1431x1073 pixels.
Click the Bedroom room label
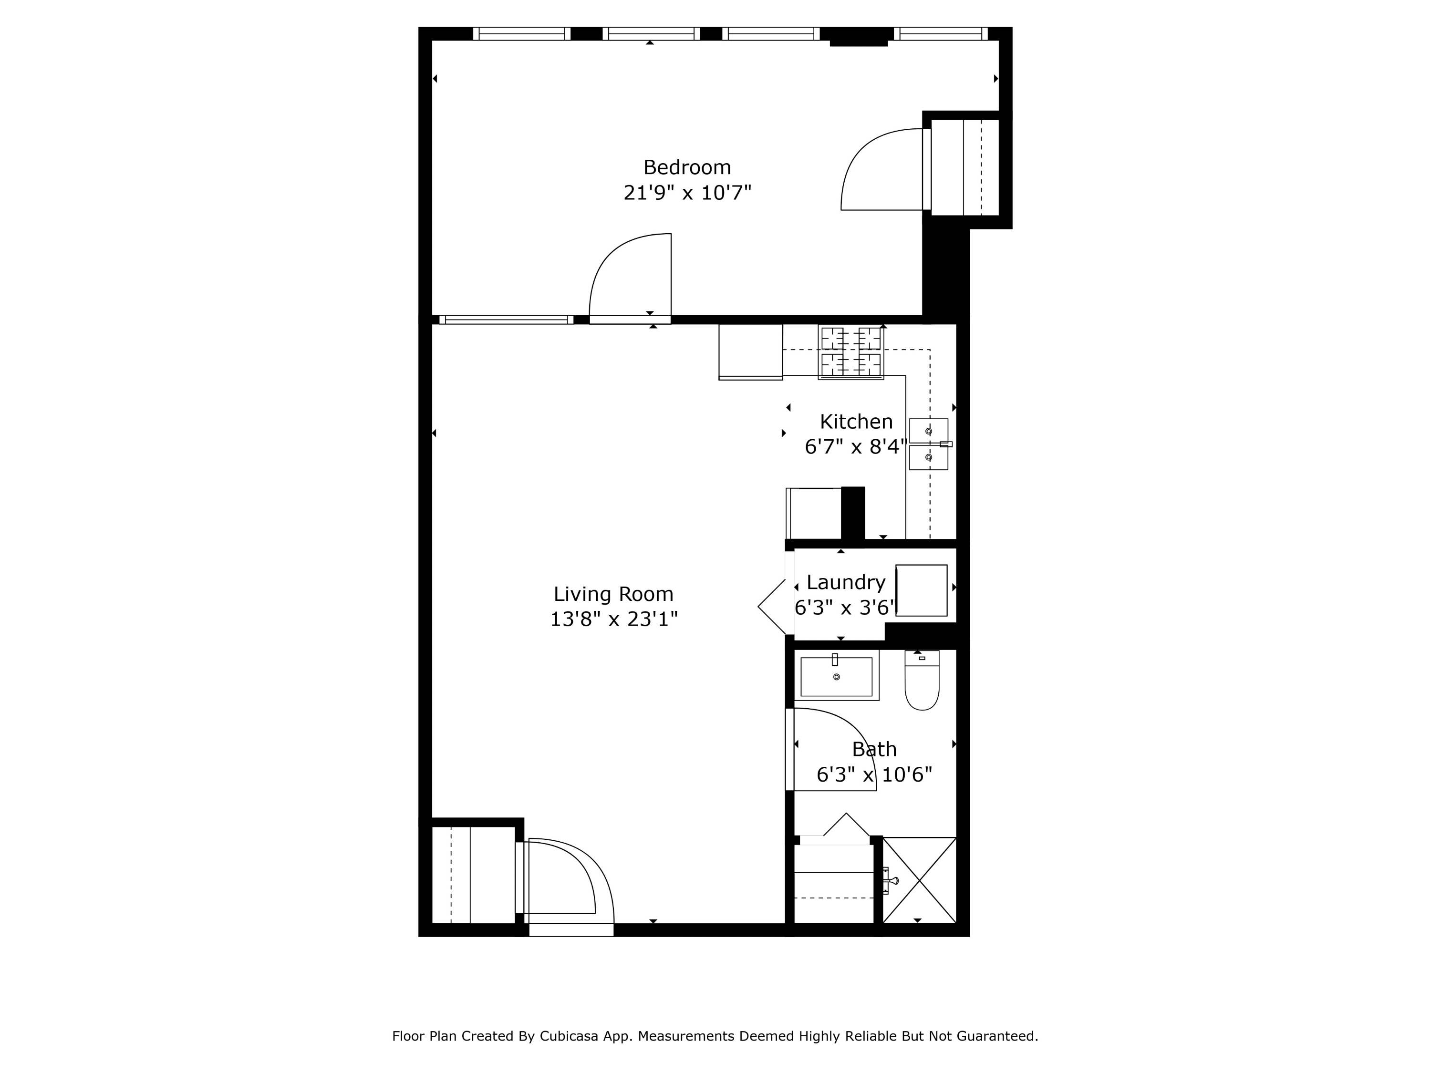[x=687, y=167]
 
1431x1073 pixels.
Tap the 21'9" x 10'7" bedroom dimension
[x=687, y=193]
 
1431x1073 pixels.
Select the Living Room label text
[x=613, y=594]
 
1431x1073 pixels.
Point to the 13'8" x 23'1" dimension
[x=613, y=619]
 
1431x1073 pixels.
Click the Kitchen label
[x=856, y=422]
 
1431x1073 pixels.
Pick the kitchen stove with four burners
[x=850, y=352]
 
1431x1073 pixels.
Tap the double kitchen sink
[x=929, y=444]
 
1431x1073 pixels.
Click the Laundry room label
[x=846, y=583]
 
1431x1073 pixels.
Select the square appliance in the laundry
[x=921, y=590]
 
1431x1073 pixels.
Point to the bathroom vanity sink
[x=837, y=676]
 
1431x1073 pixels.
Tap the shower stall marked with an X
[x=919, y=880]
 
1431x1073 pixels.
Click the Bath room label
[x=874, y=749]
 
